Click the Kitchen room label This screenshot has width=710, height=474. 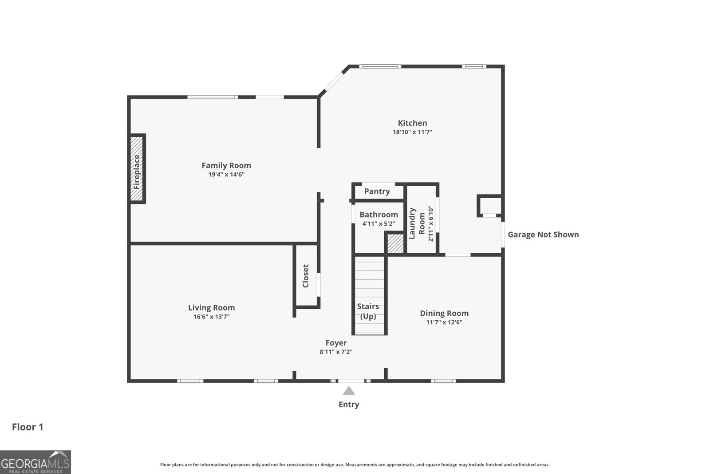tap(412, 123)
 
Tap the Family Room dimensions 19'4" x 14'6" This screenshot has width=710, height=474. tap(226, 175)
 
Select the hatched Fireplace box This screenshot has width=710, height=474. tap(137, 169)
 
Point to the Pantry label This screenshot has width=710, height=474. tap(377, 191)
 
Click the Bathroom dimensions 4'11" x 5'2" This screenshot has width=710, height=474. tap(379, 224)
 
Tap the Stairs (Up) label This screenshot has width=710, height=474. tap(368, 311)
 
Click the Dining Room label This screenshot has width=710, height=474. tap(444, 313)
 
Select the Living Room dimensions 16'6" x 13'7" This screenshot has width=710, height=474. tap(211, 317)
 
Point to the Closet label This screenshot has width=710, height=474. tap(306, 276)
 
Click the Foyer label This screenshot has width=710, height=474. tap(336, 343)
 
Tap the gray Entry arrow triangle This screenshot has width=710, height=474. tap(349, 391)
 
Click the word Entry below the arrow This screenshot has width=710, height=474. tap(349, 404)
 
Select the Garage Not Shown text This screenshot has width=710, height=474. tap(543, 235)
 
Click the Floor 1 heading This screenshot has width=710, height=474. tap(28, 427)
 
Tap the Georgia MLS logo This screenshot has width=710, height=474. tap(35, 462)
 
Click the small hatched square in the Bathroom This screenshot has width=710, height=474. tap(395, 243)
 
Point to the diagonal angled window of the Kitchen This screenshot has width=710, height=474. tap(334, 81)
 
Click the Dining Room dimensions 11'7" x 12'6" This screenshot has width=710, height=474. tap(444, 322)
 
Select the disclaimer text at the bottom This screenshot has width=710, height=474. tap(355, 465)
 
